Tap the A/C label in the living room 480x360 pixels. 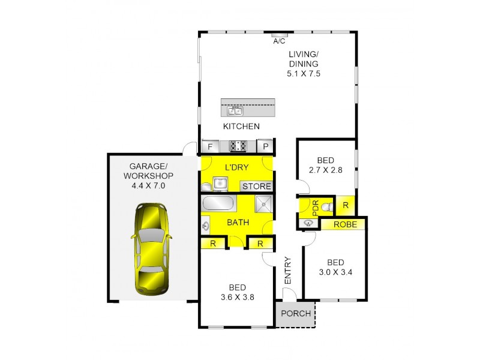(279, 41)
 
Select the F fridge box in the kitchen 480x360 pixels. (209, 146)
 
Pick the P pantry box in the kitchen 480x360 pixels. (266, 146)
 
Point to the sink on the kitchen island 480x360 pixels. (235, 110)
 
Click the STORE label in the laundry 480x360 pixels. (256, 187)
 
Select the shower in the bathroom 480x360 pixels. (262, 205)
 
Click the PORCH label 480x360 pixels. (296, 314)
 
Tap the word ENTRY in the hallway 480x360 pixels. (287, 271)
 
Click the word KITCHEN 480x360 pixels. (241, 127)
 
